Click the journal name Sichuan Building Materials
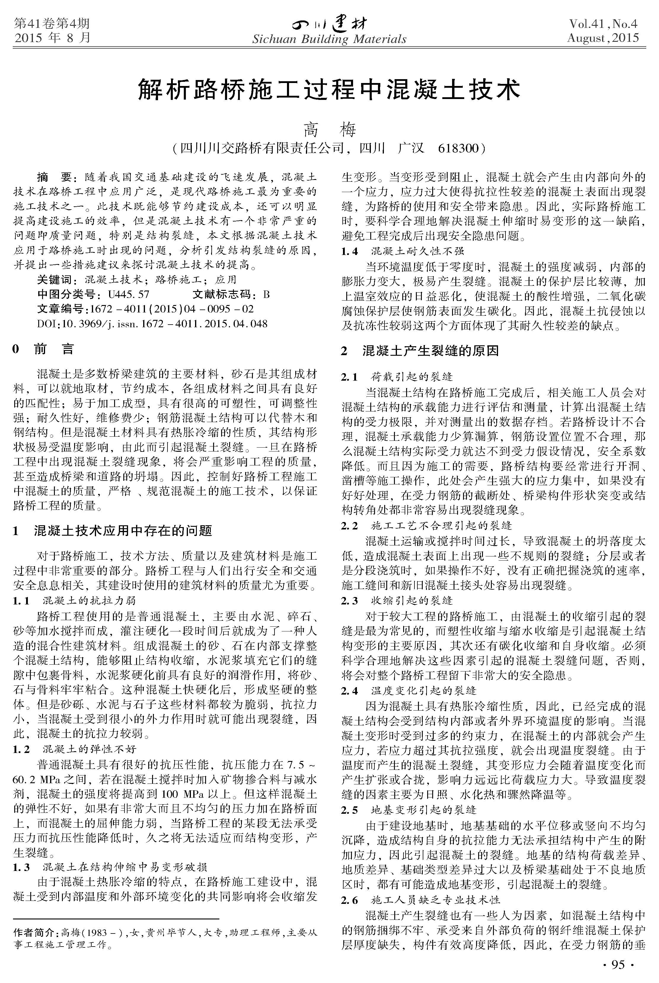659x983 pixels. click(x=329, y=39)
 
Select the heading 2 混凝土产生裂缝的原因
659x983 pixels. click(x=420, y=350)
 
